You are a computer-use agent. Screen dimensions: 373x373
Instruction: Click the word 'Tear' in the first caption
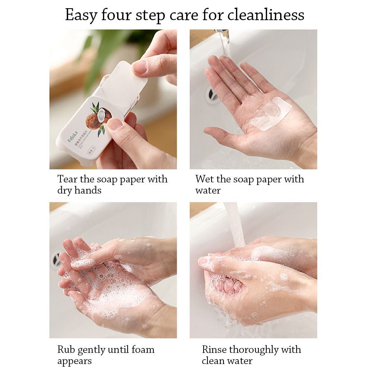68,179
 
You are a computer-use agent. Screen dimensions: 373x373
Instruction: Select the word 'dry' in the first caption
65,190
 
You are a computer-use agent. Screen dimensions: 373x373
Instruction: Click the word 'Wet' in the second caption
204,179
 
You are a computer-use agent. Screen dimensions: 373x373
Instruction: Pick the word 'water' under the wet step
208,190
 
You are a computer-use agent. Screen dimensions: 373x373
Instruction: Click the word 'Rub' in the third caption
66,350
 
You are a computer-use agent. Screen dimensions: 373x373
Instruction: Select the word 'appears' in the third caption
74,361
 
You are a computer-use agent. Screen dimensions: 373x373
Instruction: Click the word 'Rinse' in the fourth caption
214,350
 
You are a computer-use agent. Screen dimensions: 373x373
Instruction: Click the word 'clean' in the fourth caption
213,361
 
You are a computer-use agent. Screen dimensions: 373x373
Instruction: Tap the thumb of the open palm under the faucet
224,132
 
